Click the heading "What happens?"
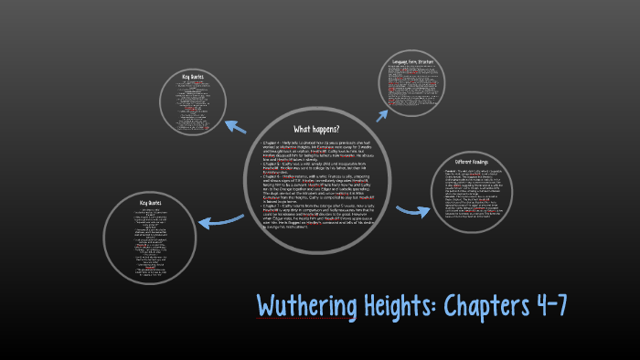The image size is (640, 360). click(x=315, y=129)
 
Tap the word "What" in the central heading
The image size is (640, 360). click(x=302, y=129)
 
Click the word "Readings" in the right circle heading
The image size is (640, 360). click(x=496, y=161)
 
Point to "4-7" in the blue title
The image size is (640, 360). click(x=549, y=306)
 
